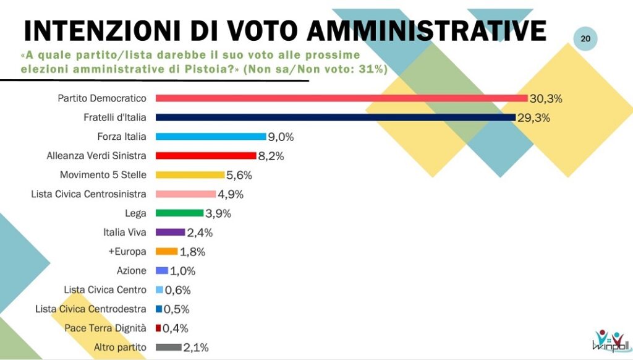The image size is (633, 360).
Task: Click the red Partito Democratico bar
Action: pyautogui.click(x=341, y=98)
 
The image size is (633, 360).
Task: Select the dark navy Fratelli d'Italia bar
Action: pyautogui.click(x=336, y=118)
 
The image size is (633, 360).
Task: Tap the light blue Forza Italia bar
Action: pyautogui.click(x=211, y=137)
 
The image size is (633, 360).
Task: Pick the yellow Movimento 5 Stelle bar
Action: pyautogui.click(x=190, y=175)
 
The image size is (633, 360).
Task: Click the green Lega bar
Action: pyautogui.click(x=180, y=213)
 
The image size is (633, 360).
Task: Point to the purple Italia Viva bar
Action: pyautogui.click(x=171, y=233)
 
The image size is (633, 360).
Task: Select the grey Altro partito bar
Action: pyautogui.click(x=169, y=348)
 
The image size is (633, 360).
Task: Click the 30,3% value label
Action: pyautogui.click(x=546, y=98)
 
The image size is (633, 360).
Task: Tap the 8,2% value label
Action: pyautogui.click(x=271, y=156)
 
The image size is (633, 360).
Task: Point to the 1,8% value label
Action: pyautogui.click(x=192, y=252)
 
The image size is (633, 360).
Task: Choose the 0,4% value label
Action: pyautogui.click(x=175, y=328)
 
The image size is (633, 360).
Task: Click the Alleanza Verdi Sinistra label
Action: pyautogui.click(x=96, y=155)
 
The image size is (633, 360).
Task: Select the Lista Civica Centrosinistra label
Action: pyautogui.click(x=88, y=194)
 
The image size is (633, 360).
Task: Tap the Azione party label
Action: pyautogui.click(x=131, y=271)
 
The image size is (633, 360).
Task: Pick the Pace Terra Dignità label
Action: pyautogui.click(x=105, y=328)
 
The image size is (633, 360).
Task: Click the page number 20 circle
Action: pyautogui.click(x=585, y=39)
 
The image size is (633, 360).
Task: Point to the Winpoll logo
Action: pyautogui.click(x=611, y=341)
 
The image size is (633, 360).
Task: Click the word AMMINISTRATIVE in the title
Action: pyautogui.click(x=427, y=30)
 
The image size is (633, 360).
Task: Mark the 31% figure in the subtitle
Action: pyautogui.click(x=369, y=69)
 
